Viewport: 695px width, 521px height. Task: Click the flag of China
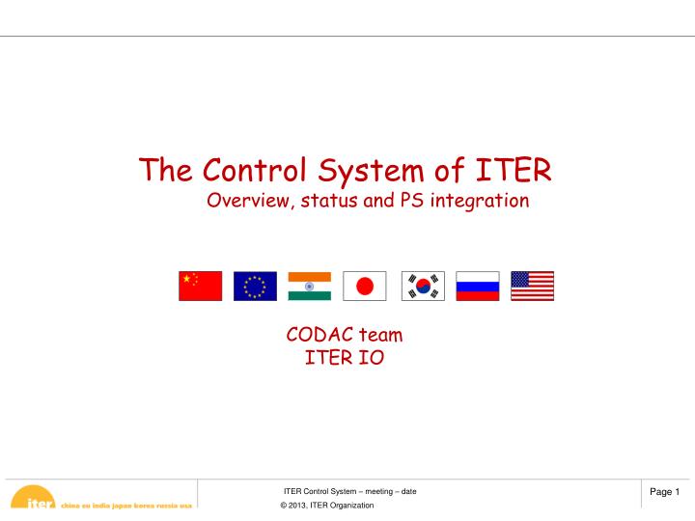tap(200, 286)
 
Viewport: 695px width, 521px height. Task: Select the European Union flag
tap(255, 286)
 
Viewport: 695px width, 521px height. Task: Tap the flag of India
tap(310, 286)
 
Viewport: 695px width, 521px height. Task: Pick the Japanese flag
tap(365, 286)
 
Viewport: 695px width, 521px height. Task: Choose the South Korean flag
tap(422, 286)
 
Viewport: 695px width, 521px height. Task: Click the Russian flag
tap(477, 286)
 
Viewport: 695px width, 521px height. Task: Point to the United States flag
tap(533, 286)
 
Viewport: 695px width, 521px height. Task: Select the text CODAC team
tap(345, 336)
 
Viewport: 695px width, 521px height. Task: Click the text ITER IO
tap(345, 360)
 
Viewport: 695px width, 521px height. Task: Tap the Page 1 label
tap(664, 493)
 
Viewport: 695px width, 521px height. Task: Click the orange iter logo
tap(35, 501)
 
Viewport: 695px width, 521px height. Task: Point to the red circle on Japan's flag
tap(365, 286)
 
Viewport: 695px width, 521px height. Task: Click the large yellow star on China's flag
tap(187, 279)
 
